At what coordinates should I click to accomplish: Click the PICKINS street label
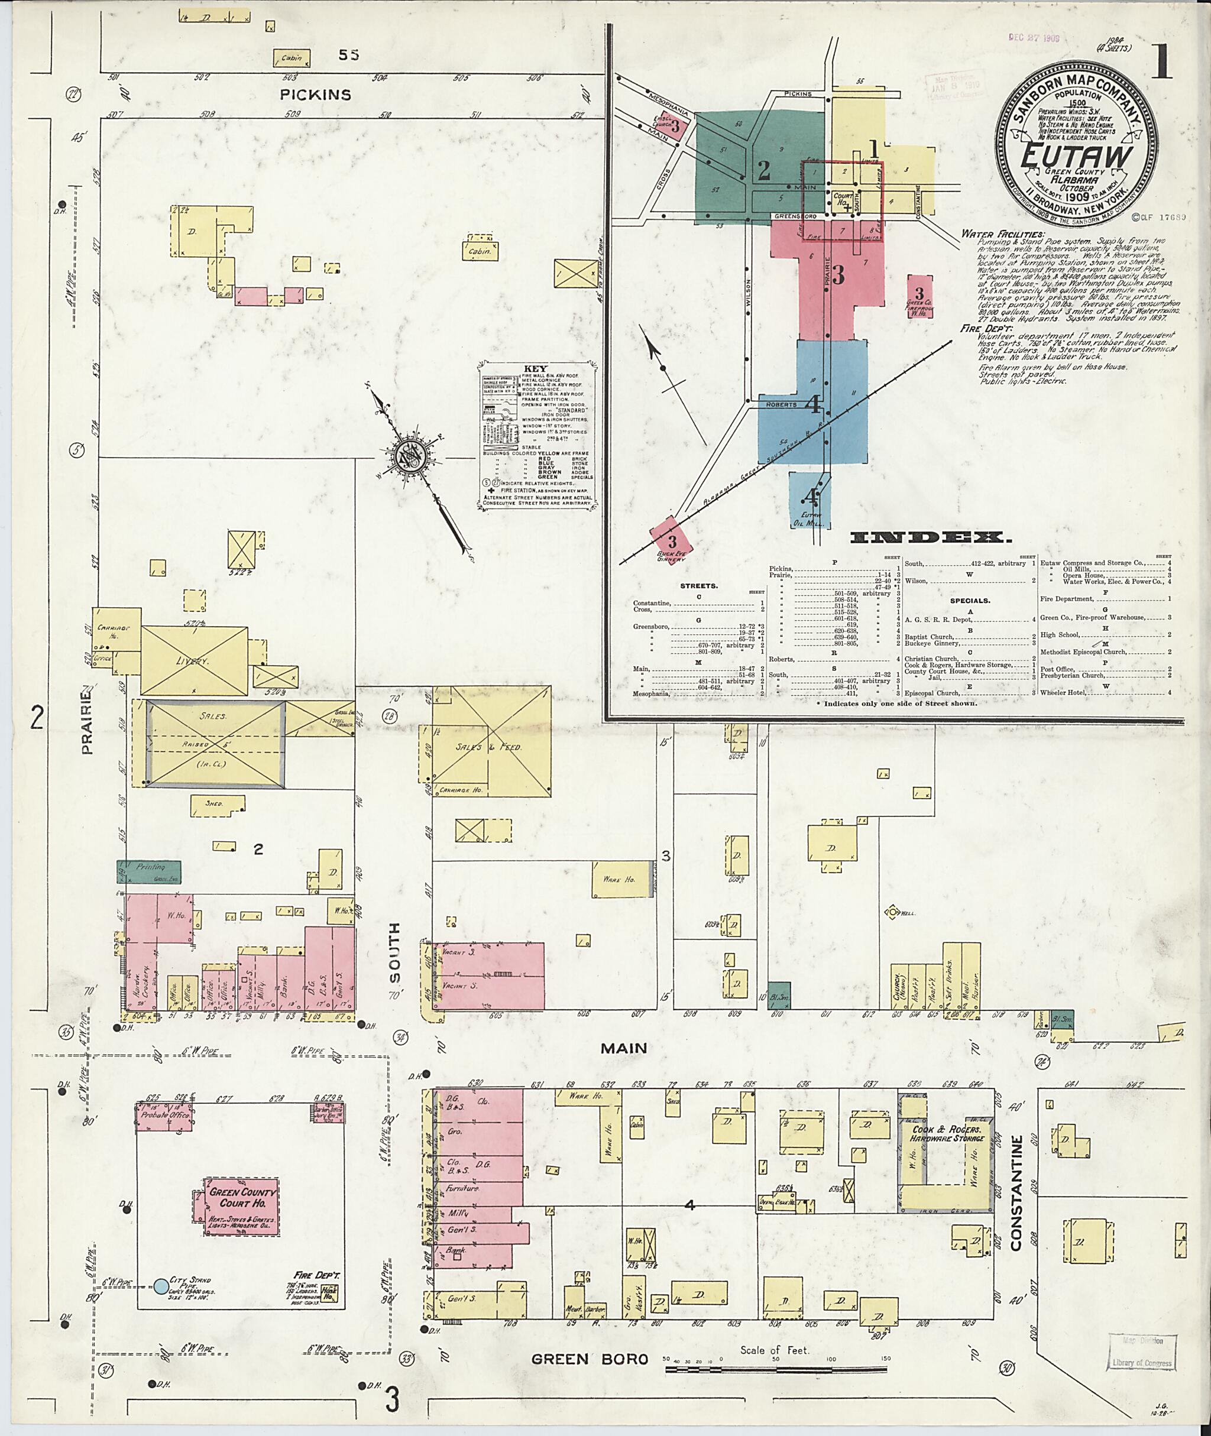[x=316, y=95]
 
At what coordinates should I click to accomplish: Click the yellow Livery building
[x=195, y=660]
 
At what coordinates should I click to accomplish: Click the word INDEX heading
[x=930, y=538]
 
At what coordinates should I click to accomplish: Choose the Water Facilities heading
[x=1003, y=234]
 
